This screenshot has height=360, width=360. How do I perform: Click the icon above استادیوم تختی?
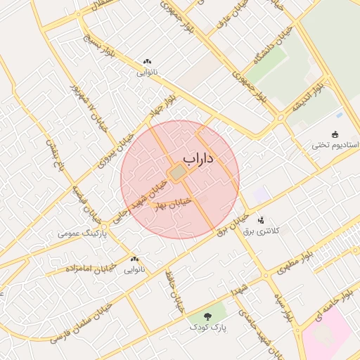(x=335, y=134)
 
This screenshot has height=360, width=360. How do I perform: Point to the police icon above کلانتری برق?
(x=261, y=219)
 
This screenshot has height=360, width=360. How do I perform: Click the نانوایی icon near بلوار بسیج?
(x=147, y=62)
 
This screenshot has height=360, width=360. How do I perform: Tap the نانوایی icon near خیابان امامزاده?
(x=134, y=259)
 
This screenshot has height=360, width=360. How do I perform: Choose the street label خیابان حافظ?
(x=172, y=290)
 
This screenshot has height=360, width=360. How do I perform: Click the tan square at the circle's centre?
(x=178, y=172)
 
